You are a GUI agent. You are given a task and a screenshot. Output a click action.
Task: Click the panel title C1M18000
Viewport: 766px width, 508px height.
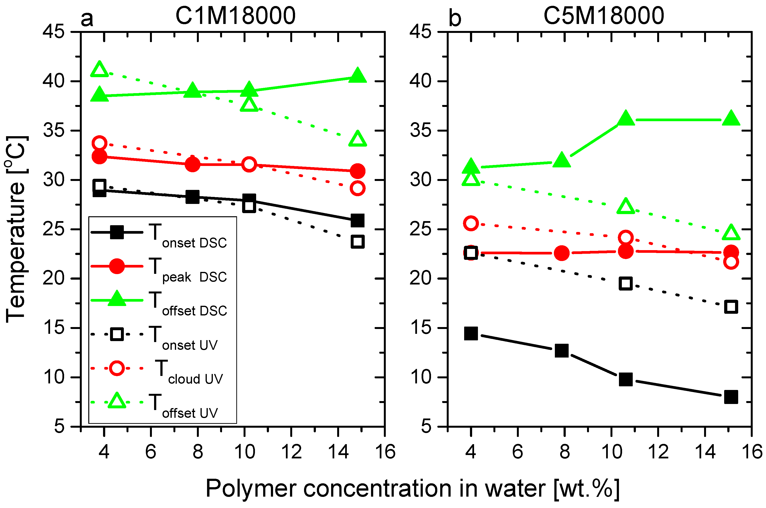pyautogui.click(x=236, y=16)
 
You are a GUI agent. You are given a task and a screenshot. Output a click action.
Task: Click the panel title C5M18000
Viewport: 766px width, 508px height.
pyautogui.click(x=604, y=16)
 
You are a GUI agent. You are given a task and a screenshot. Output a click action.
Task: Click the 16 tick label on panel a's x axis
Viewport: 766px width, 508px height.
pyautogui.click(x=385, y=452)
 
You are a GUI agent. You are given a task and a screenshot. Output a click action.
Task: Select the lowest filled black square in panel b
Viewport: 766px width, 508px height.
pyautogui.click(x=731, y=396)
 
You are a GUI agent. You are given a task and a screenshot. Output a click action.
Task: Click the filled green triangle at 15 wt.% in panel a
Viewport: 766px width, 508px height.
pyautogui.click(x=357, y=75)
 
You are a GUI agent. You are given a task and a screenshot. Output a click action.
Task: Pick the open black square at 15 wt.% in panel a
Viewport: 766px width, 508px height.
pyautogui.click(x=357, y=242)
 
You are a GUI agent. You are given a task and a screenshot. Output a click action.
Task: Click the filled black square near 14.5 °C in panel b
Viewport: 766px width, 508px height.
pyautogui.click(x=471, y=333)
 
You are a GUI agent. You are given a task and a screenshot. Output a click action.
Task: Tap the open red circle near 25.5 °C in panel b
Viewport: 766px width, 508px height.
pyautogui.click(x=471, y=223)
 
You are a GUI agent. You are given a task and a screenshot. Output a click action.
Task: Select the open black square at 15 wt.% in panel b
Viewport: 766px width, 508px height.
pyautogui.click(x=731, y=307)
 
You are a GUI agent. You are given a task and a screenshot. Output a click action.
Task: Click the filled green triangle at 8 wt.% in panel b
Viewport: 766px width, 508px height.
pyautogui.click(x=561, y=160)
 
